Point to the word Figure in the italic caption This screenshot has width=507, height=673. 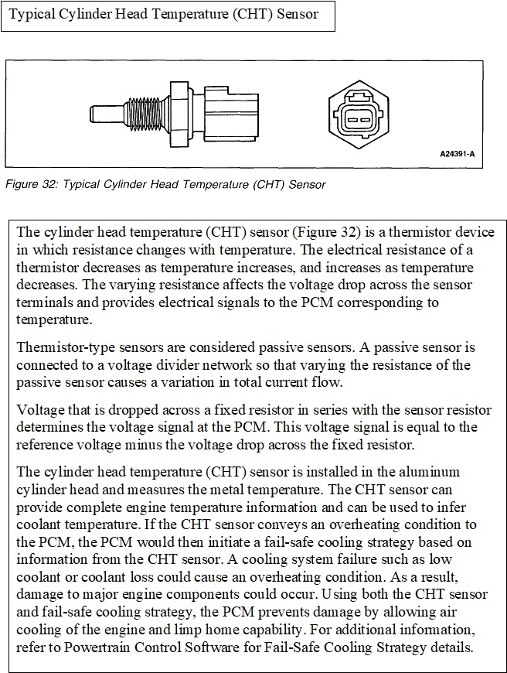(x=22, y=184)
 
